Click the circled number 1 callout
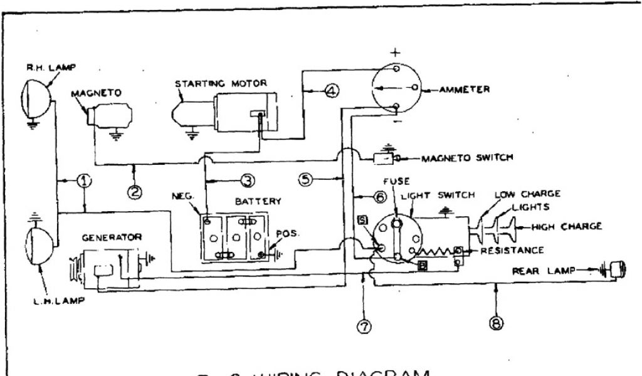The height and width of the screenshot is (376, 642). pos(85,181)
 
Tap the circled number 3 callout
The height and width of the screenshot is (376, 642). pos(248,181)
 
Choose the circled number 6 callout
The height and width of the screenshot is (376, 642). pos(379,197)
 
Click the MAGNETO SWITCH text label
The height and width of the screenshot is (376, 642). pos(466,158)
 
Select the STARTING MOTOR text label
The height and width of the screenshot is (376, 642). pos(221,83)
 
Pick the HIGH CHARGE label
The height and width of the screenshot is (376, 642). pos(567,226)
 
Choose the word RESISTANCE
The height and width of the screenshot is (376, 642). pos(512,251)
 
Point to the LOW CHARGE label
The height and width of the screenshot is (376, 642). pos(528,194)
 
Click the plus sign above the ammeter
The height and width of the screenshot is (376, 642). pos(397,52)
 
